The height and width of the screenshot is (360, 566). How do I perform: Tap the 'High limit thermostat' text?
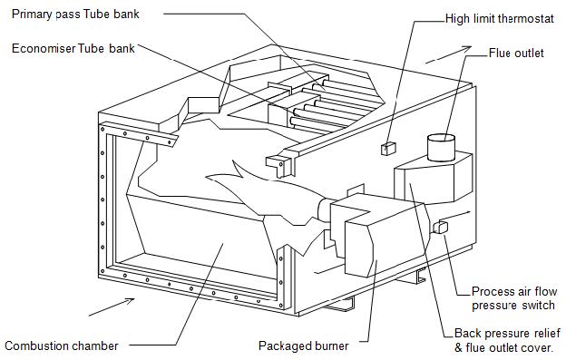pyautogui.click(x=501, y=18)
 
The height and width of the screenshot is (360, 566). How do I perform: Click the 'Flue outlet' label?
pyautogui.click(x=516, y=53)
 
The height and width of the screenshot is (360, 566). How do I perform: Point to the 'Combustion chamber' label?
pyautogui.click(x=61, y=345)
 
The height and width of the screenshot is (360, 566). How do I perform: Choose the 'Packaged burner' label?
pyautogui.click(x=303, y=345)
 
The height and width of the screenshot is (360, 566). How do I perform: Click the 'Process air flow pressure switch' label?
pyautogui.click(x=512, y=298)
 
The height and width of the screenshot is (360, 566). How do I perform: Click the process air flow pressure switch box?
pyautogui.click(x=444, y=227)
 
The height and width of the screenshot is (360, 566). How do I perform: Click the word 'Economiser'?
pyautogui.click(x=41, y=48)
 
